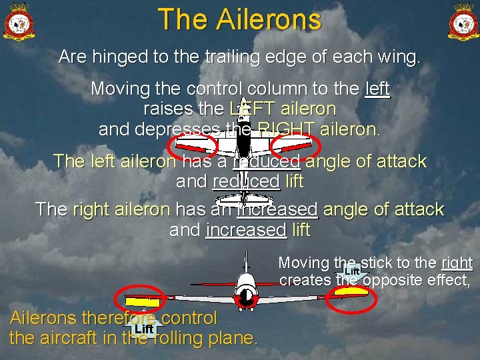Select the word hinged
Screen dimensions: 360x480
coord(122,57)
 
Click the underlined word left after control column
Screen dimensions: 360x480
coord(377,89)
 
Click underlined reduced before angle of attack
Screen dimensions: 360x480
coord(266,161)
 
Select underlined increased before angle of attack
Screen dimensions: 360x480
coord(277,209)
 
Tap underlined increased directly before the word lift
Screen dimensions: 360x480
coord(246,230)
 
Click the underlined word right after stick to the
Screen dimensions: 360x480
coord(457,263)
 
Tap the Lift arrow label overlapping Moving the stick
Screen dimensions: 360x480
coord(352,271)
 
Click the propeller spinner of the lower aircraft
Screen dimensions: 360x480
coord(245,294)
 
